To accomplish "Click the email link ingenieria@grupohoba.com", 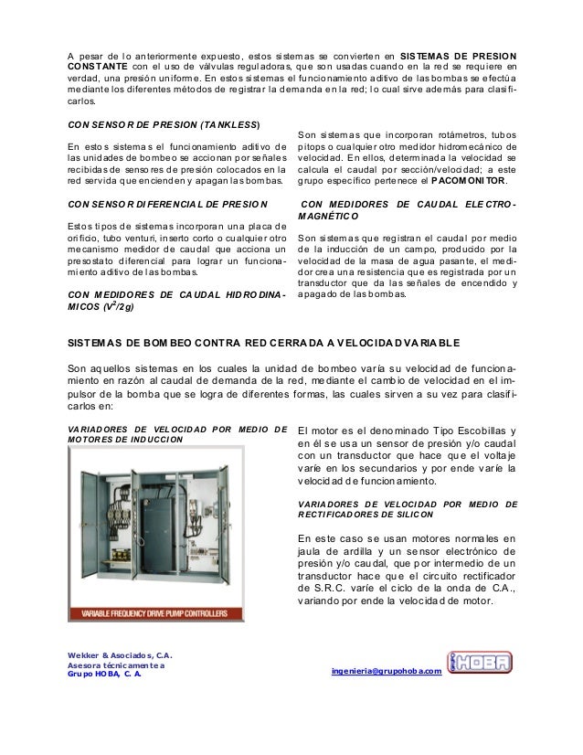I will (388, 672).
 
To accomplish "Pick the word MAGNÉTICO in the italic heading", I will (335, 216).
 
